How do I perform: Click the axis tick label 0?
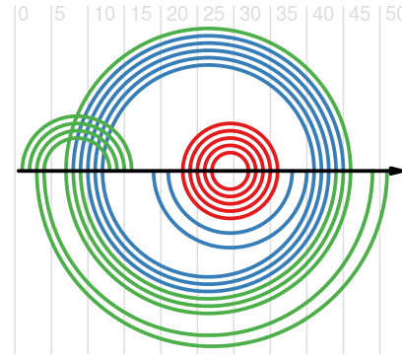(x=23, y=15)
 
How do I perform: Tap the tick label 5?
(x=59, y=15)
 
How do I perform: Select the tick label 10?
(x=104, y=15)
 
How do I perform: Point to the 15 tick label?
(x=141, y=15)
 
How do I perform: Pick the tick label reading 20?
(x=177, y=15)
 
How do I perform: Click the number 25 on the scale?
(x=214, y=15)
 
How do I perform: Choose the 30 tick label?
(x=250, y=15)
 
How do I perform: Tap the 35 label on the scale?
(x=287, y=15)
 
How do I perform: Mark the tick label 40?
(x=323, y=15)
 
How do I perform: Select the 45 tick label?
(x=360, y=15)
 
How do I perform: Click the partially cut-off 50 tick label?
(x=393, y=15)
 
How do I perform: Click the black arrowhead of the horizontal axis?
(x=395, y=171)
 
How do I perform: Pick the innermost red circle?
(x=231, y=153)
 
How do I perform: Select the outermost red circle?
(x=231, y=123)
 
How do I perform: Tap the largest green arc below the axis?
(x=212, y=346)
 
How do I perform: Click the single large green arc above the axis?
(x=208, y=29)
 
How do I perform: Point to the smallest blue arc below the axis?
(x=231, y=233)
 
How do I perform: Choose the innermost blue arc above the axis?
(x=208, y=65)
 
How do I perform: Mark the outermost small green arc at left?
(x=77, y=116)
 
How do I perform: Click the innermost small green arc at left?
(x=77, y=138)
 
